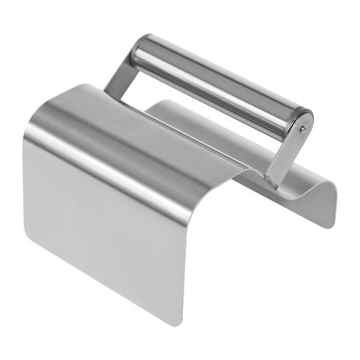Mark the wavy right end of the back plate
click(328, 205)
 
